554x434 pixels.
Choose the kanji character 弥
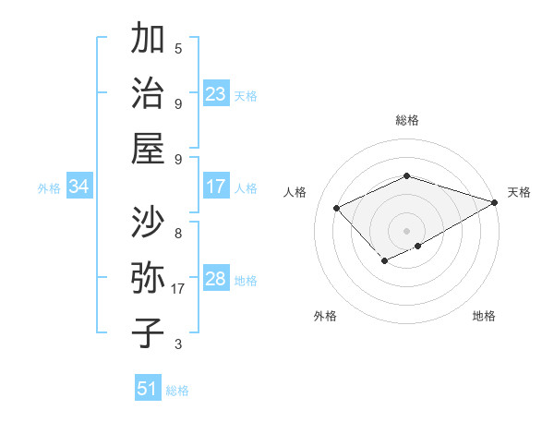(148, 278)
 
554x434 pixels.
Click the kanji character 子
(148, 332)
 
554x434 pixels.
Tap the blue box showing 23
(216, 94)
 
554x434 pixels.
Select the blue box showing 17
(216, 187)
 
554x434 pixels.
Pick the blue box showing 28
(216, 280)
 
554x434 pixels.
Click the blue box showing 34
(79, 187)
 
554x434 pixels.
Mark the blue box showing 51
(148, 389)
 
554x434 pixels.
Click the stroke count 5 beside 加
(178, 48)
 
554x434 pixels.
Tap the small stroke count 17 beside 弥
(178, 289)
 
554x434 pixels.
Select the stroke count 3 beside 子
(178, 344)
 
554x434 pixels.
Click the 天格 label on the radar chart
(519, 192)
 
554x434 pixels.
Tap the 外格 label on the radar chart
(325, 316)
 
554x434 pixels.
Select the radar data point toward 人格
(337, 208)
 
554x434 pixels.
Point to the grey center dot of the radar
(406, 230)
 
